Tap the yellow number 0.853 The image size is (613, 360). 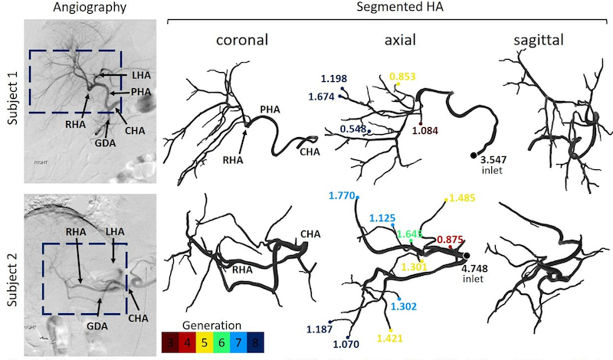coord(404,77)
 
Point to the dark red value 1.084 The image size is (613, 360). coord(427,131)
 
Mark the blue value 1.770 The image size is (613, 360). coord(341,196)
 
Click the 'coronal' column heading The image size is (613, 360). coord(230,41)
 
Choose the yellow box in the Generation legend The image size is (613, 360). coord(207,342)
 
